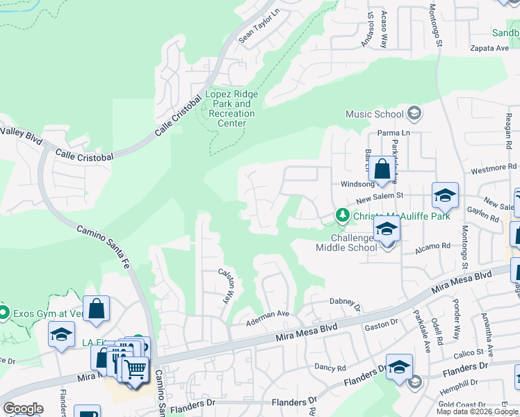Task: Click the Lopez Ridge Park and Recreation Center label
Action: tap(231, 108)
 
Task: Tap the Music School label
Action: tap(375, 114)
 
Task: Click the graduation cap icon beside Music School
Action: tap(414, 113)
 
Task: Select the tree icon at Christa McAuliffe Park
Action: tap(341, 216)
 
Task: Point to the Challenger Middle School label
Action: tap(346, 243)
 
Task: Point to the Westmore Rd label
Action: tap(494, 167)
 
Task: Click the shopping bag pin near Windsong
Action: tap(382, 170)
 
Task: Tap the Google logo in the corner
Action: tap(23, 409)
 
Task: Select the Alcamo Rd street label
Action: tap(432, 245)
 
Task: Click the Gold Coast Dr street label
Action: tap(462, 404)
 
